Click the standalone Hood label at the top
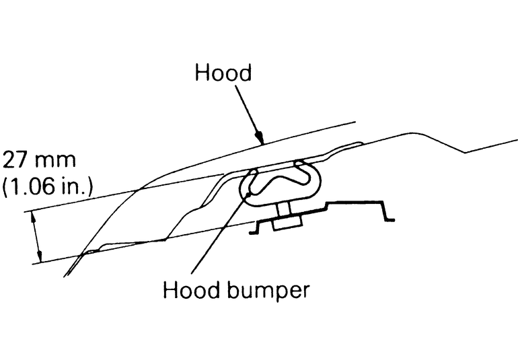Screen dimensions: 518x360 (x=223, y=73)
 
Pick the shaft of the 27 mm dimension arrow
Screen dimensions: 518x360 (x=37, y=236)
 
